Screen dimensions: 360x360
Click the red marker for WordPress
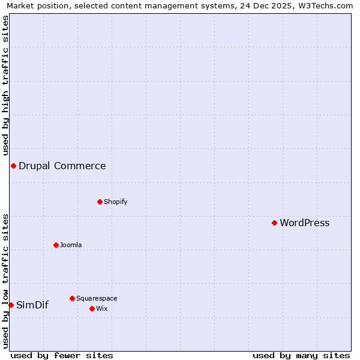click(274, 223)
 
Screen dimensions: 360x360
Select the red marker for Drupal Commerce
click(13, 166)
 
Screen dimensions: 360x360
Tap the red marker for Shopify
click(100, 202)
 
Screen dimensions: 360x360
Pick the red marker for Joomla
click(56, 245)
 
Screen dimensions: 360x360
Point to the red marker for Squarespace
click(72, 298)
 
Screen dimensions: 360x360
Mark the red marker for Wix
click(92, 308)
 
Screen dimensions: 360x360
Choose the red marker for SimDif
click(11, 305)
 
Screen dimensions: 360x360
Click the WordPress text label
click(304, 223)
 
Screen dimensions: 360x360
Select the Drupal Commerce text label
click(62, 166)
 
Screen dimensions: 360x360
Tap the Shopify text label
click(115, 202)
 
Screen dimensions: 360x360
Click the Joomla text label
click(71, 245)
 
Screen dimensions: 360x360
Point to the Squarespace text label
click(97, 299)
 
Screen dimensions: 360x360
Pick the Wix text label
click(102, 309)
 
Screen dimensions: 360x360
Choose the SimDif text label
click(32, 305)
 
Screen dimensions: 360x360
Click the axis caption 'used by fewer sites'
click(62, 355)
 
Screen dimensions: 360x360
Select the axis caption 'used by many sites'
click(301, 355)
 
